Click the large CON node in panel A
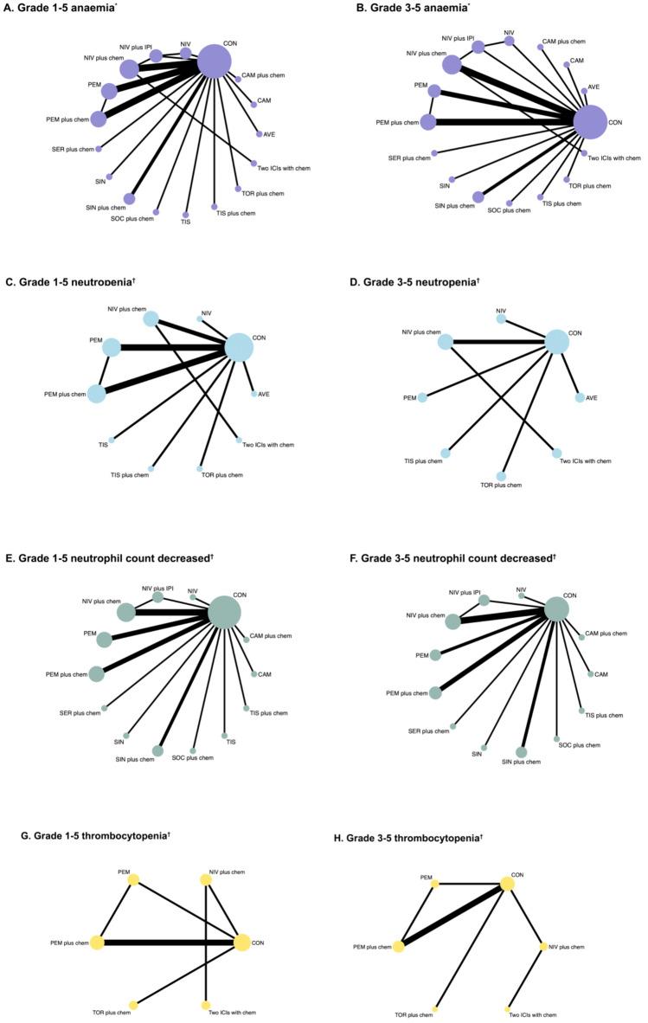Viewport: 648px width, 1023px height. [215, 61]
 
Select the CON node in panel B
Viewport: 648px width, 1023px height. [590, 122]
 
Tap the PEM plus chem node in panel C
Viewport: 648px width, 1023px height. [96, 394]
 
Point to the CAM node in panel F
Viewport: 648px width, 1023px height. [590, 674]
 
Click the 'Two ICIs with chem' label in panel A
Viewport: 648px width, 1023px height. [284, 168]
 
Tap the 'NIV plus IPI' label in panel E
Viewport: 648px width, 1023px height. [158, 589]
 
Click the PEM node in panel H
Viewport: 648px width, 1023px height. [435, 884]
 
